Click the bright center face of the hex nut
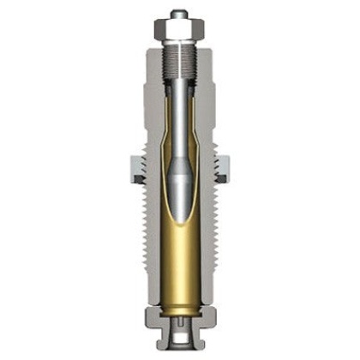pyautogui.click(x=181, y=30)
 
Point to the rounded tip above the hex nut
pyautogui.click(x=179, y=14)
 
